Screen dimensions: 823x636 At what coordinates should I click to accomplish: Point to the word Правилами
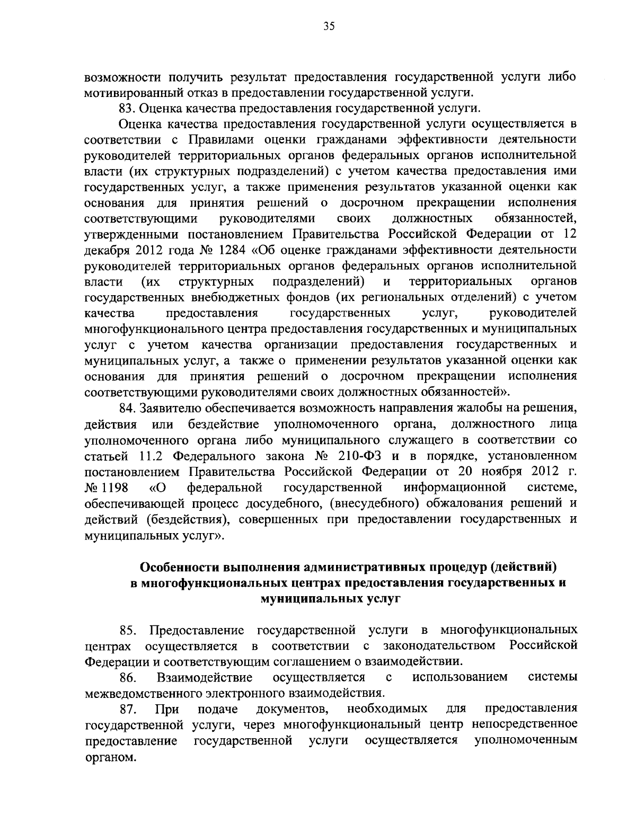[x=218, y=139]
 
